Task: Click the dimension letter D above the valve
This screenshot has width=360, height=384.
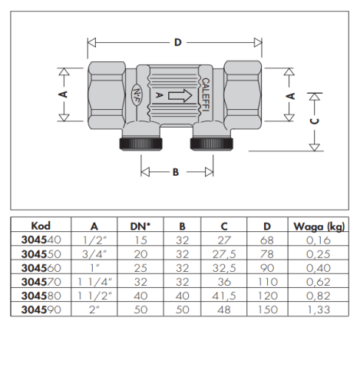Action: pyautogui.click(x=178, y=42)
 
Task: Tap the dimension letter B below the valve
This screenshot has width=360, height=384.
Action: pyautogui.click(x=176, y=172)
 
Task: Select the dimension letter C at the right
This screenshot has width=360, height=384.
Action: pyautogui.click(x=315, y=121)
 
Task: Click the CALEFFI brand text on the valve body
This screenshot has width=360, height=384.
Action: pyautogui.click(x=206, y=94)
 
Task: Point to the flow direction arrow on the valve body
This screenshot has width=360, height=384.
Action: pyautogui.click(x=180, y=96)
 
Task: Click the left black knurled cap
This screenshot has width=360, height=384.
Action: pyautogui.click(x=140, y=144)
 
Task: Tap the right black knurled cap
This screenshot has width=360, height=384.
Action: pyautogui.click(x=212, y=144)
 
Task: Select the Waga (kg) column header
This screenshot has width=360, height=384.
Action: pyautogui.click(x=319, y=227)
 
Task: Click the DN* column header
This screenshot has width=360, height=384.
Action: pyautogui.click(x=140, y=227)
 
